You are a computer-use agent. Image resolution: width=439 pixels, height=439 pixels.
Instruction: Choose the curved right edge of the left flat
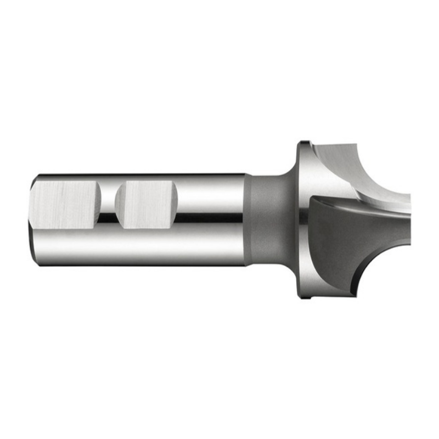pos(100,204)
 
